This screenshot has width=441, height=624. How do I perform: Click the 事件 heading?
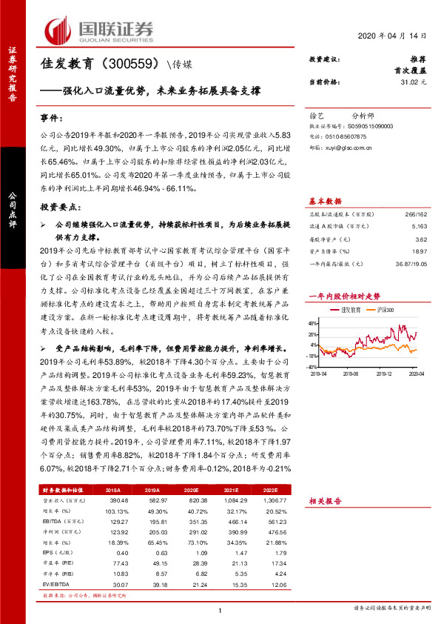(x=53, y=118)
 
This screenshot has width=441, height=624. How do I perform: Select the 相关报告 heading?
(x=325, y=502)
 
